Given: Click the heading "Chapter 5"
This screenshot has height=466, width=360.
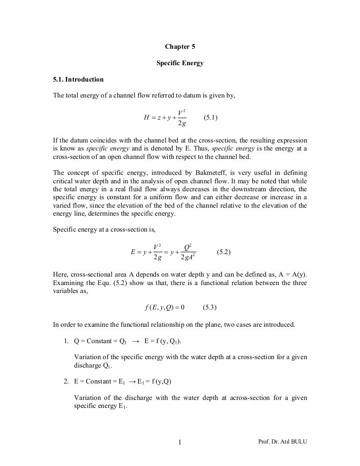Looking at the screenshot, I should (180, 46).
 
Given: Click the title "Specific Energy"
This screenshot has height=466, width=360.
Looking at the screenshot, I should (180, 63).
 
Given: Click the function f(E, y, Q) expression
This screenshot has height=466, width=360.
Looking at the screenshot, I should (163, 308).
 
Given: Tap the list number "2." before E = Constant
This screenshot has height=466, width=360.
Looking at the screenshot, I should (67, 381).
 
